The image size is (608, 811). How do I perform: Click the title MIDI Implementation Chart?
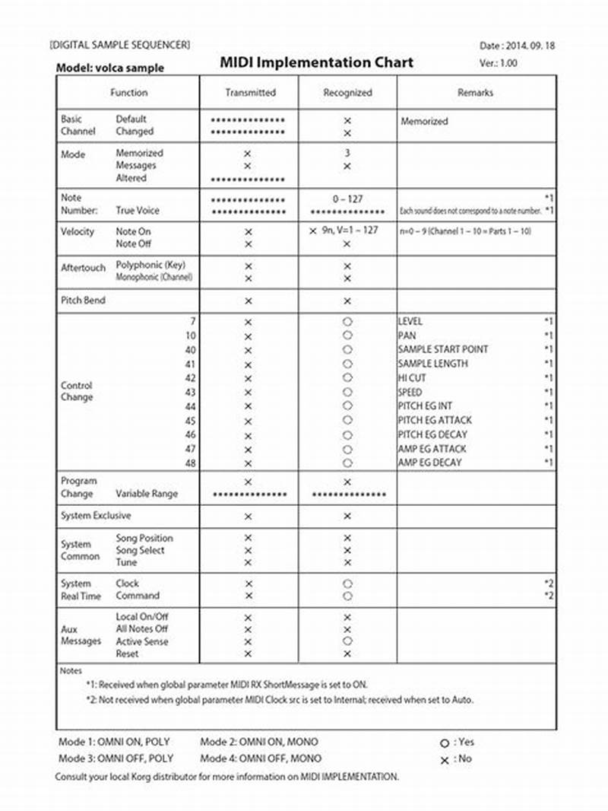(x=317, y=62)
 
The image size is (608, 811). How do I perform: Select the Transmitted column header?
(x=250, y=93)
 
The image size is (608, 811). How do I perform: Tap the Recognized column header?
(x=347, y=93)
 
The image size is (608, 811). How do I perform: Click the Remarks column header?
(x=475, y=93)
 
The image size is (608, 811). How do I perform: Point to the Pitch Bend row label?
(x=83, y=301)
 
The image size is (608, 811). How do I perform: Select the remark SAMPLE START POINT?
(x=443, y=349)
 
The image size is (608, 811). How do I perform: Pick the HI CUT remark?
(x=412, y=377)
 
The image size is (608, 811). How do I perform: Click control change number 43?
(x=191, y=392)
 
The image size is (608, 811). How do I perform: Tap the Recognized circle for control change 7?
(x=347, y=322)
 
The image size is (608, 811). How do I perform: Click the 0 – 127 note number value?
(x=347, y=199)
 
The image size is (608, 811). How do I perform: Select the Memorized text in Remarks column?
(x=424, y=121)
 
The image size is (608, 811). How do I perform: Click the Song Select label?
(x=140, y=550)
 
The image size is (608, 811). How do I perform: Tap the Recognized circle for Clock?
(x=347, y=584)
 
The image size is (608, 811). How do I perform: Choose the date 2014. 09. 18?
(x=525, y=46)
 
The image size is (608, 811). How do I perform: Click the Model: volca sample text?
(x=109, y=68)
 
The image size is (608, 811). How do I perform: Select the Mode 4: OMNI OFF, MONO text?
(x=259, y=759)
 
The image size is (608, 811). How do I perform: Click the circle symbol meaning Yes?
(x=444, y=743)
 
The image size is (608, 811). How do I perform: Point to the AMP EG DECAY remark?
(x=429, y=463)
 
